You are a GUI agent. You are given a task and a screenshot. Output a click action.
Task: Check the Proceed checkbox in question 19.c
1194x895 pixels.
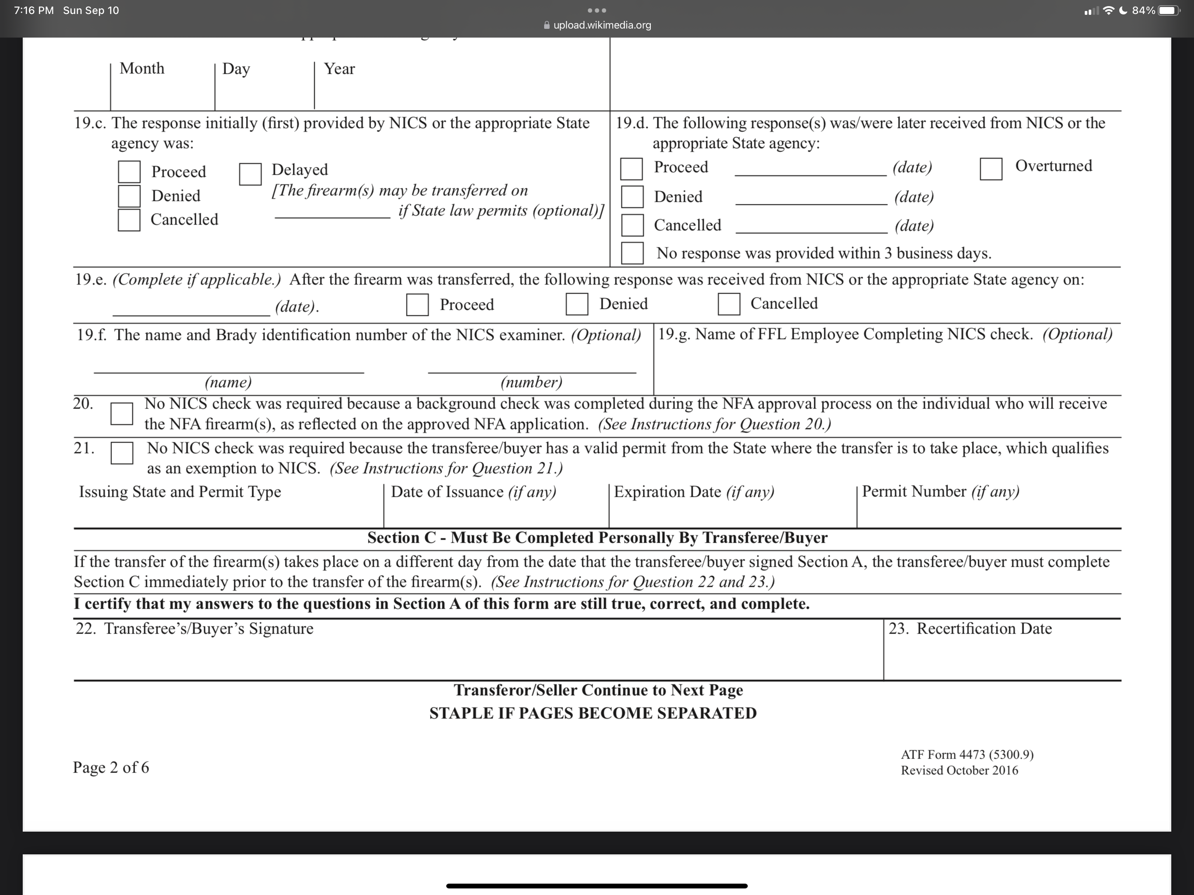129,172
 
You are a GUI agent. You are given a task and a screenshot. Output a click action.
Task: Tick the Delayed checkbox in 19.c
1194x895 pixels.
250,174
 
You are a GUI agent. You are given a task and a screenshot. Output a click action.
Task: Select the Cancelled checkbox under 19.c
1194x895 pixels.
129,220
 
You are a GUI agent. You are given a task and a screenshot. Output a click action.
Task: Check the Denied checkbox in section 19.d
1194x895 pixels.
632,197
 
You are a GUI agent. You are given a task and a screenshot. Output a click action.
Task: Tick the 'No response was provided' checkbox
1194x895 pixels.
632,253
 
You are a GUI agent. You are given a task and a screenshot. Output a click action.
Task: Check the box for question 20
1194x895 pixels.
121,413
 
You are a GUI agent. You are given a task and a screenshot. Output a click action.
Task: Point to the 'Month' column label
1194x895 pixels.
142,69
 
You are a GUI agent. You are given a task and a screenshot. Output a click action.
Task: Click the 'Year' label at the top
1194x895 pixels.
339,69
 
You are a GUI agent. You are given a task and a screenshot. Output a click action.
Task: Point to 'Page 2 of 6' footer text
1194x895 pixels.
111,767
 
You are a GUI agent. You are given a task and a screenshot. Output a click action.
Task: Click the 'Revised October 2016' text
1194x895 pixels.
959,771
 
